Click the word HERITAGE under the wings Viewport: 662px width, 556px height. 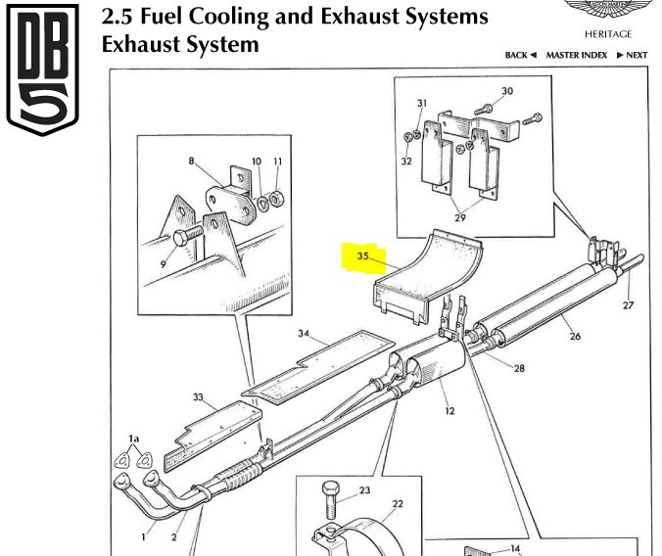pos(608,34)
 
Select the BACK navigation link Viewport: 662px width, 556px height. pos(520,56)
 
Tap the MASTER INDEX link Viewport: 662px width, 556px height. pos(576,56)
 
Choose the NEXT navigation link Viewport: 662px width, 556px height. pos(632,56)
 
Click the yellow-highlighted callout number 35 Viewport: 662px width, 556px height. pos(362,256)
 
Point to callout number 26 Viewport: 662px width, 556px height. pos(575,338)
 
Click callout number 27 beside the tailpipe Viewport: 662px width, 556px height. pos(628,305)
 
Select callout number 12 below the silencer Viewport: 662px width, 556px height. pos(449,411)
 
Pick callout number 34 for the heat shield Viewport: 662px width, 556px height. pos(305,334)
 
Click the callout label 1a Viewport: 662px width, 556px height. pos(134,440)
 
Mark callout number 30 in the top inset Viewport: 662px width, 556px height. pos(506,91)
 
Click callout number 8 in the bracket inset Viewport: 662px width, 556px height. pos(192,160)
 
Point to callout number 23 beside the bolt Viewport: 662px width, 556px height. pos(363,490)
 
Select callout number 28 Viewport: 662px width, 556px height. pos(519,368)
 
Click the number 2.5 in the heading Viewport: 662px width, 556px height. pos(119,17)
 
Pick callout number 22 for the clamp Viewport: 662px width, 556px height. pos(397,504)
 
